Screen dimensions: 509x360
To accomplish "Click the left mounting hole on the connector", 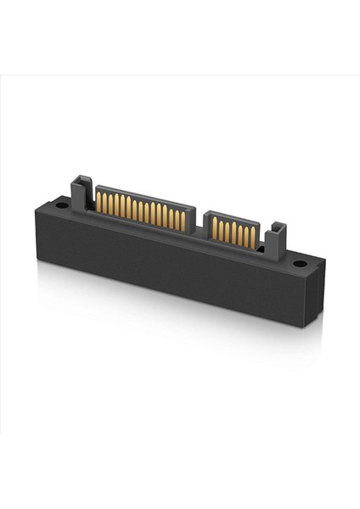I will pyautogui.click(x=62, y=204).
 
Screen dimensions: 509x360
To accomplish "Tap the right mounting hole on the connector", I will pyautogui.click(x=300, y=264).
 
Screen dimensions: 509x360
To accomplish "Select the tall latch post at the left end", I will pyautogui.click(x=81, y=193).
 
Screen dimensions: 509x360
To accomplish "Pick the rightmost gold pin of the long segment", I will pyautogui.click(x=183, y=221).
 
